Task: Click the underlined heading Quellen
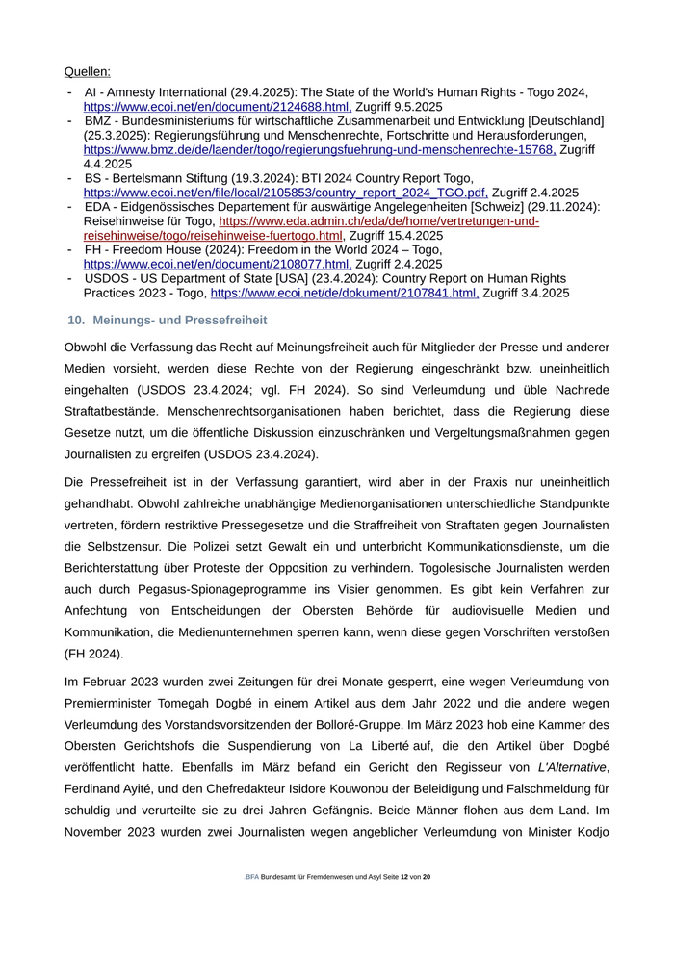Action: point(87,72)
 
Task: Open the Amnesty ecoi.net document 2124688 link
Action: point(217,107)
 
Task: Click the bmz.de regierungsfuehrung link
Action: point(319,150)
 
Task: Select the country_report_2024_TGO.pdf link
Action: point(285,193)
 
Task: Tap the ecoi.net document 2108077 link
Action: point(217,264)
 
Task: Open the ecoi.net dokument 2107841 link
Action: point(344,293)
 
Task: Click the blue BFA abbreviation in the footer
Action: point(251,877)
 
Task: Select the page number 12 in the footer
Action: point(403,877)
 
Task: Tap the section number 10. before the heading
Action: point(76,320)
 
